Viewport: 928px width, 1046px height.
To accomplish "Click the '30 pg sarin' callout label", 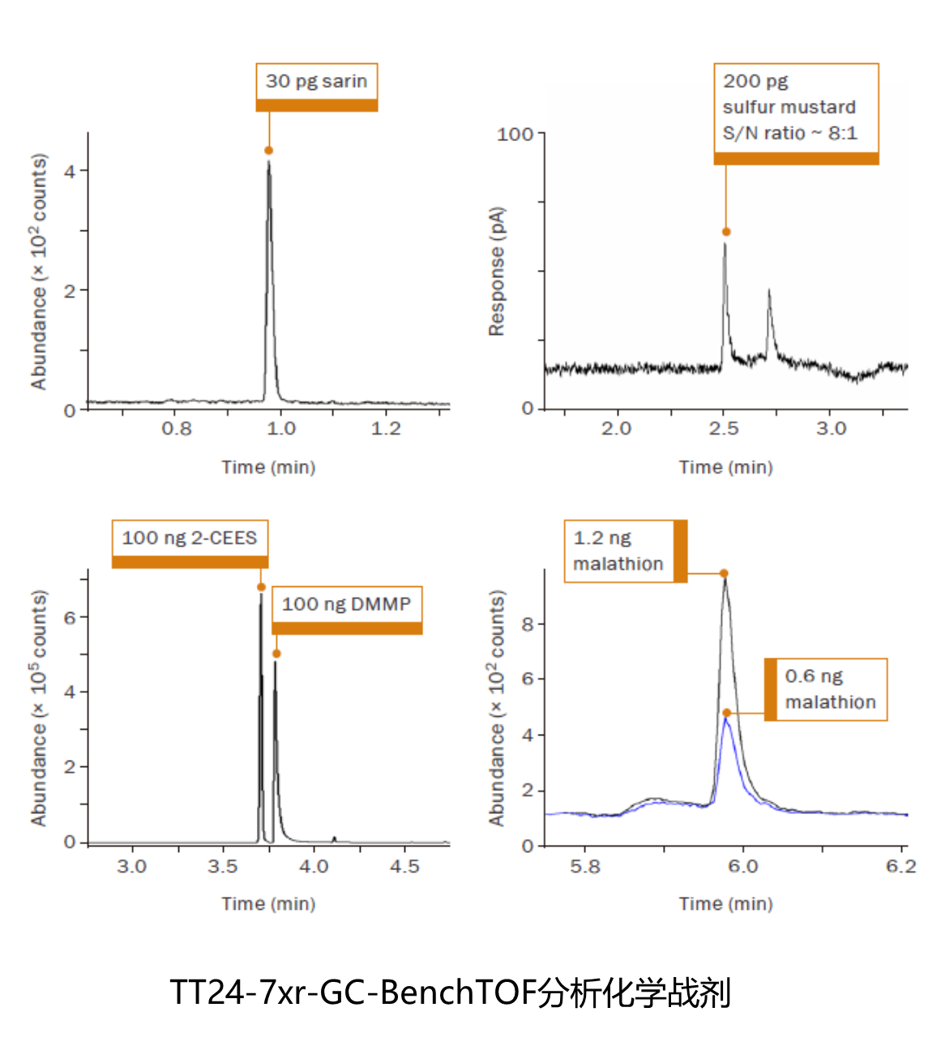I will pos(316,82).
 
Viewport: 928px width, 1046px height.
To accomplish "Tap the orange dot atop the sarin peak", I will pos(269,151).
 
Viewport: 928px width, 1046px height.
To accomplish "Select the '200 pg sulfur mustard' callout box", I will pos(795,108).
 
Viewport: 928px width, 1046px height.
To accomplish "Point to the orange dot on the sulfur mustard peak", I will pos(726,232).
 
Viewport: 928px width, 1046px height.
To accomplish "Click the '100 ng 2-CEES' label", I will pos(189,538).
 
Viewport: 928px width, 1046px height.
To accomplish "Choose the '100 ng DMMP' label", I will pos(346,604).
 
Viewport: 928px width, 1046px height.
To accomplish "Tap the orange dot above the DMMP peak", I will pos(276,654).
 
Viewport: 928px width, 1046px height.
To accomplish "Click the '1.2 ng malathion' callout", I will pos(619,551).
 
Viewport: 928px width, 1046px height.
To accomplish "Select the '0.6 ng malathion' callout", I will pos(831,689).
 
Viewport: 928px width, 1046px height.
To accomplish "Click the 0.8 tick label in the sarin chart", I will pos(177,429).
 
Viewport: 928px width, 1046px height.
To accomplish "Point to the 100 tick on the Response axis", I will pos(515,134).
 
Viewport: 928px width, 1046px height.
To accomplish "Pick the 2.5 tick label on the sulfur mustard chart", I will pos(724,429).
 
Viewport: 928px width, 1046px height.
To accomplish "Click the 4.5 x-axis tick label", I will pos(404,867).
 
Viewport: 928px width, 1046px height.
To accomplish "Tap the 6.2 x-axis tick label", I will pos(900,867).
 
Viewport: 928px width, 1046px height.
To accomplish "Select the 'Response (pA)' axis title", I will pos(497,272).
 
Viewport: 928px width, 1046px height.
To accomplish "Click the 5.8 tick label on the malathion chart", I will pos(584,867).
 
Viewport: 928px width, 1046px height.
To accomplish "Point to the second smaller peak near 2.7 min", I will pos(768,292).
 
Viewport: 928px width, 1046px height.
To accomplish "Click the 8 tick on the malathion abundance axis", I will pos(528,624).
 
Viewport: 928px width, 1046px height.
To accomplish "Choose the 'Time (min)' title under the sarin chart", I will pos(268,467).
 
